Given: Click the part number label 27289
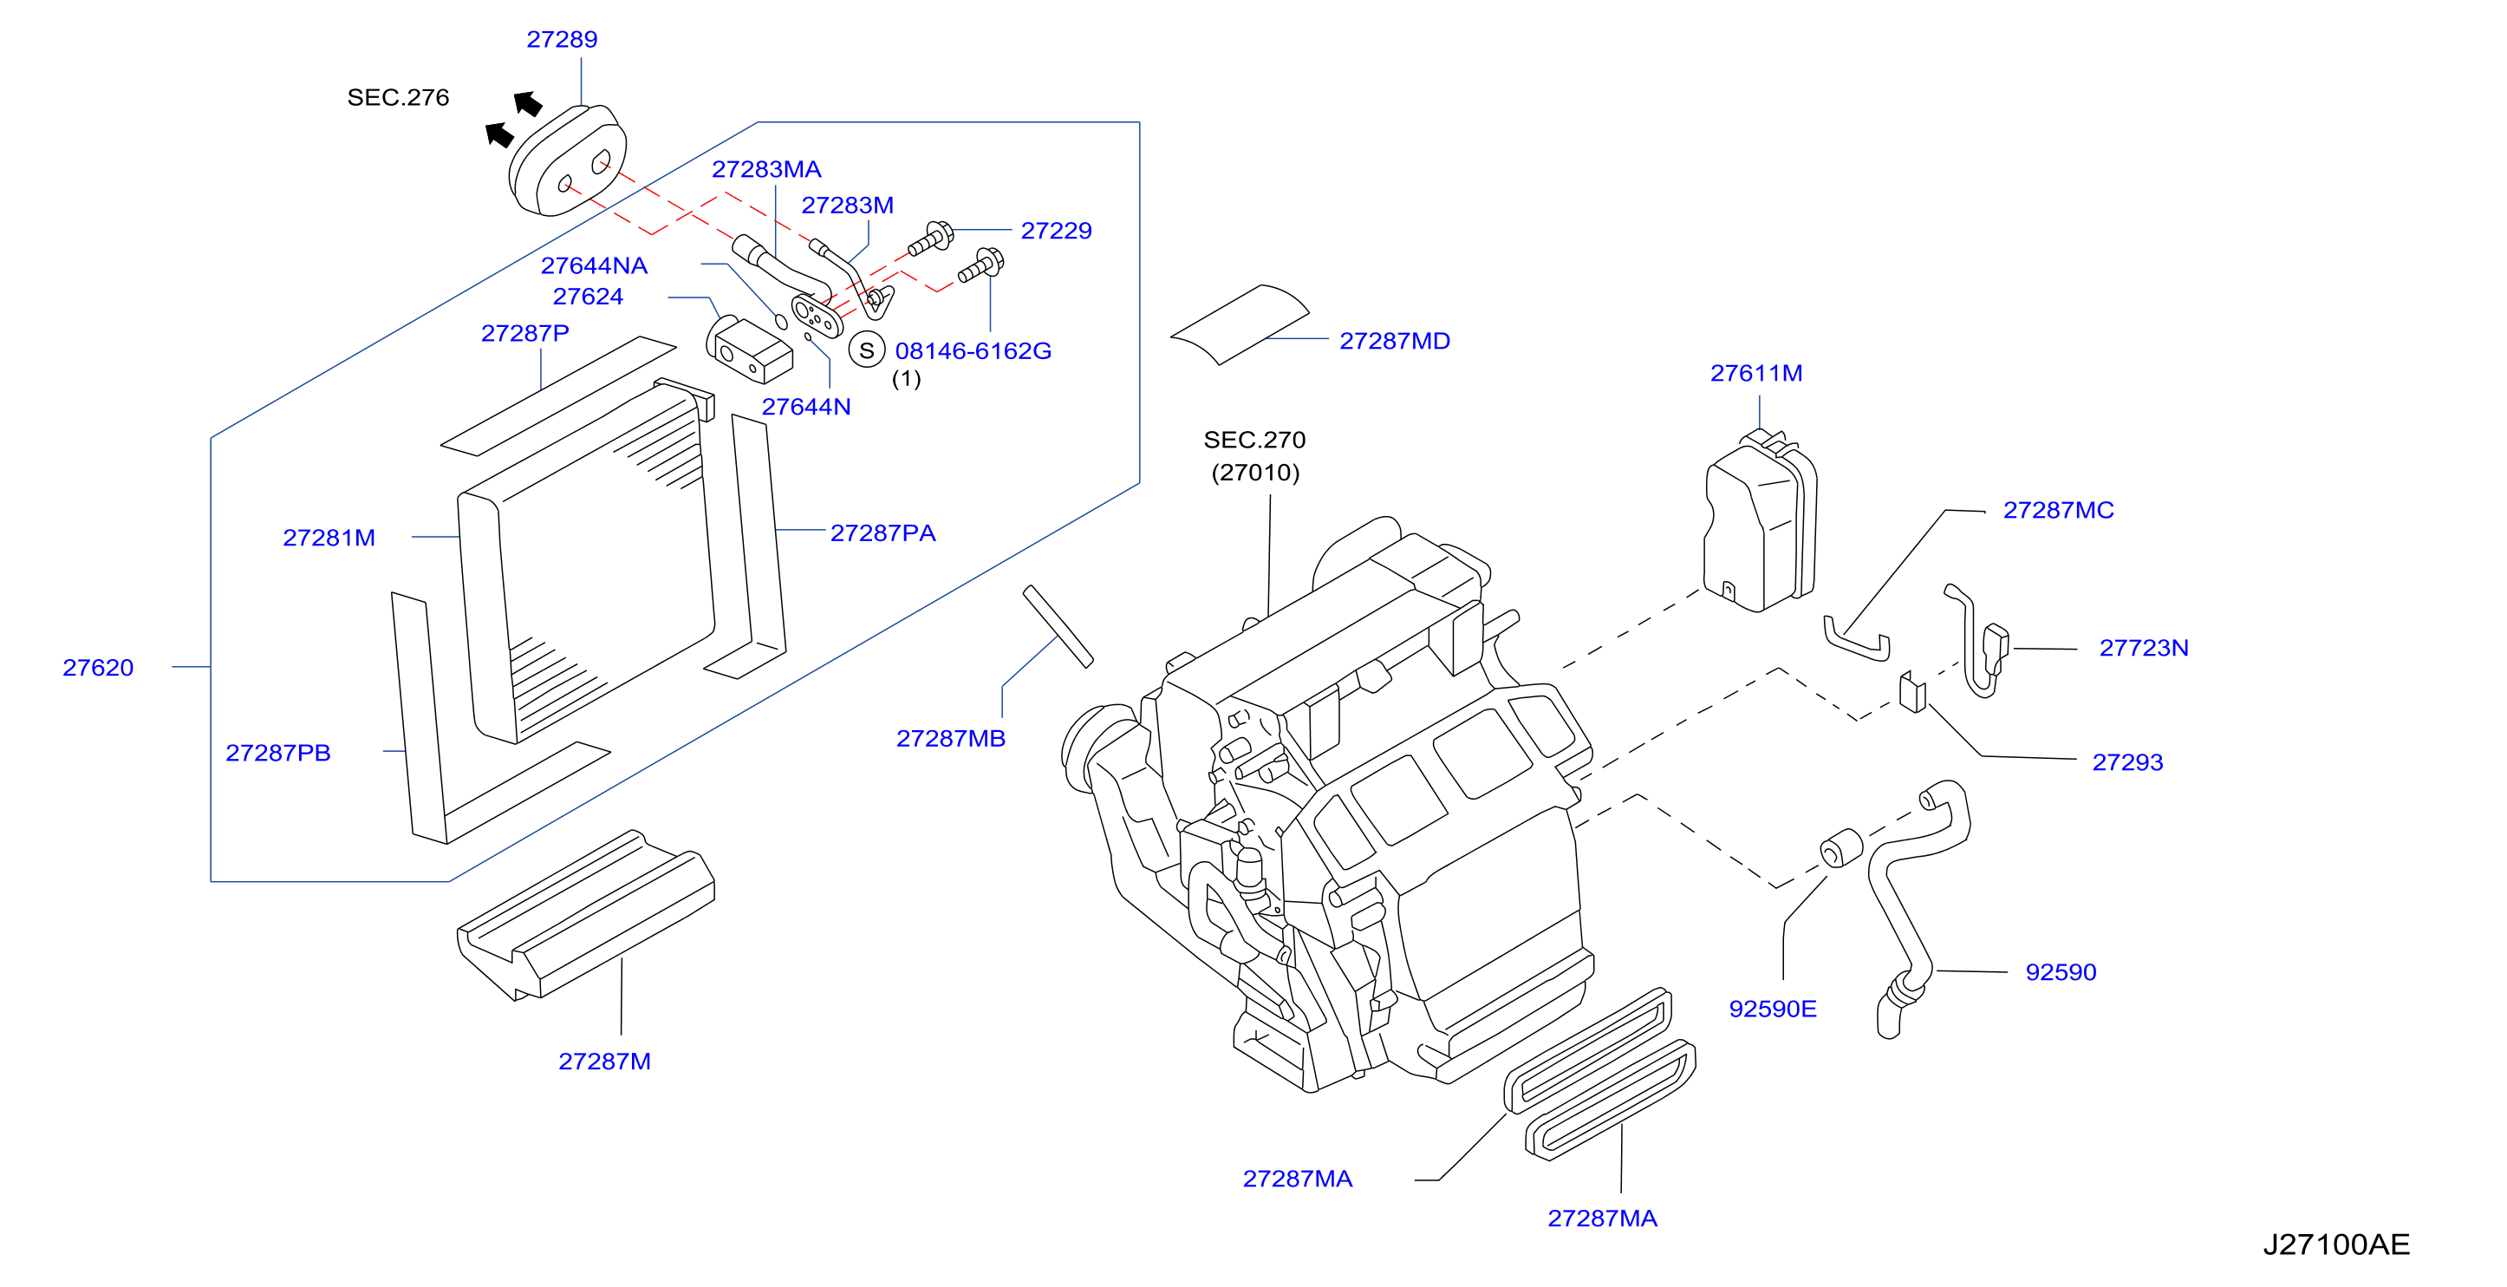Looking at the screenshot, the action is tap(562, 40).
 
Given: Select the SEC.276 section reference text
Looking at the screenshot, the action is tap(398, 97).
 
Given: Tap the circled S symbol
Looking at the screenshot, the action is tap(866, 350).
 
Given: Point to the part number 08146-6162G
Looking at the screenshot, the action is tap(973, 351).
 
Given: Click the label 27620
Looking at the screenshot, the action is tap(98, 668).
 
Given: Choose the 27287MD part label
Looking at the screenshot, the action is tap(1395, 342).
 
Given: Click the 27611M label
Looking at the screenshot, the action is tap(1756, 374).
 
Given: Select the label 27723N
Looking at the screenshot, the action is tap(2144, 649).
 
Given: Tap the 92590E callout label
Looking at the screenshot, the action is tap(1772, 1009).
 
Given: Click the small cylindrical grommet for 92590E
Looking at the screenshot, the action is tap(1841, 848).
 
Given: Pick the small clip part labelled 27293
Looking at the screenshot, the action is tap(1912, 692).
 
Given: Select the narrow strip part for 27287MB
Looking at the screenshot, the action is tap(1058, 626).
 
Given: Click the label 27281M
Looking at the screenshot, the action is tap(329, 539).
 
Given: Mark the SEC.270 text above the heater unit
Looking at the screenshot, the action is tap(1254, 440).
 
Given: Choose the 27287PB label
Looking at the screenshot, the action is tap(278, 754).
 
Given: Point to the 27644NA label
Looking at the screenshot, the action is tap(594, 265).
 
